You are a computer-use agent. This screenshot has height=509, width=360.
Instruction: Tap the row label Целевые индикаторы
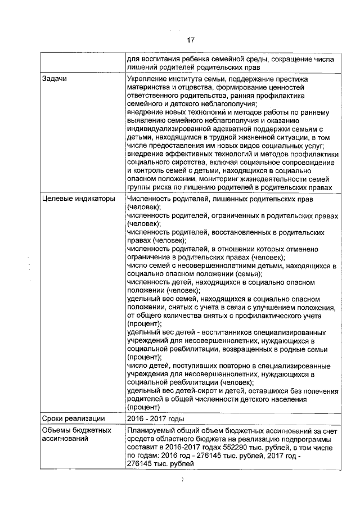pos(75,199)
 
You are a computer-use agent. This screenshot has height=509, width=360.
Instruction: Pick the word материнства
pos(150,88)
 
